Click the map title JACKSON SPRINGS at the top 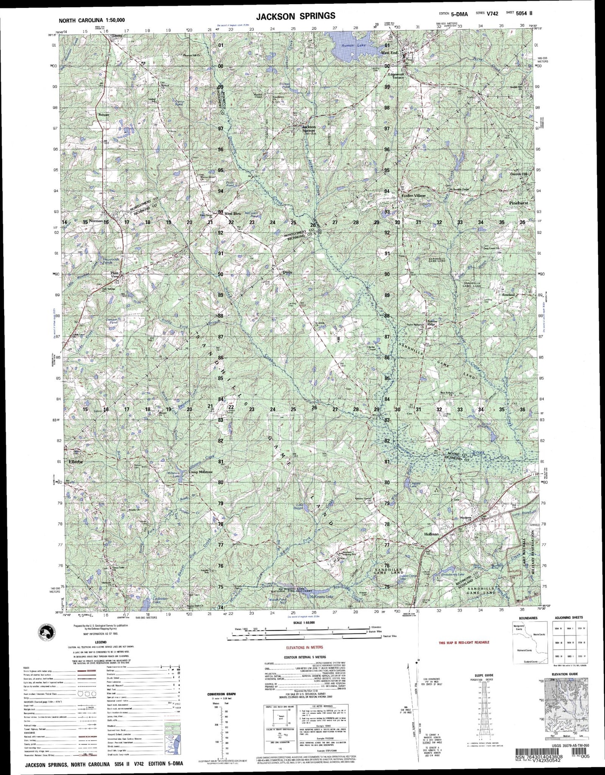coord(296,16)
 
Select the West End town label coord(389,53)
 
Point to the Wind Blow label coord(233,214)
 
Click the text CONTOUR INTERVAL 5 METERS coord(304,657)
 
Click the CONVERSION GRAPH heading coord(221,694)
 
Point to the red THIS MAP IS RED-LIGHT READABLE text coord(463,643)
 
